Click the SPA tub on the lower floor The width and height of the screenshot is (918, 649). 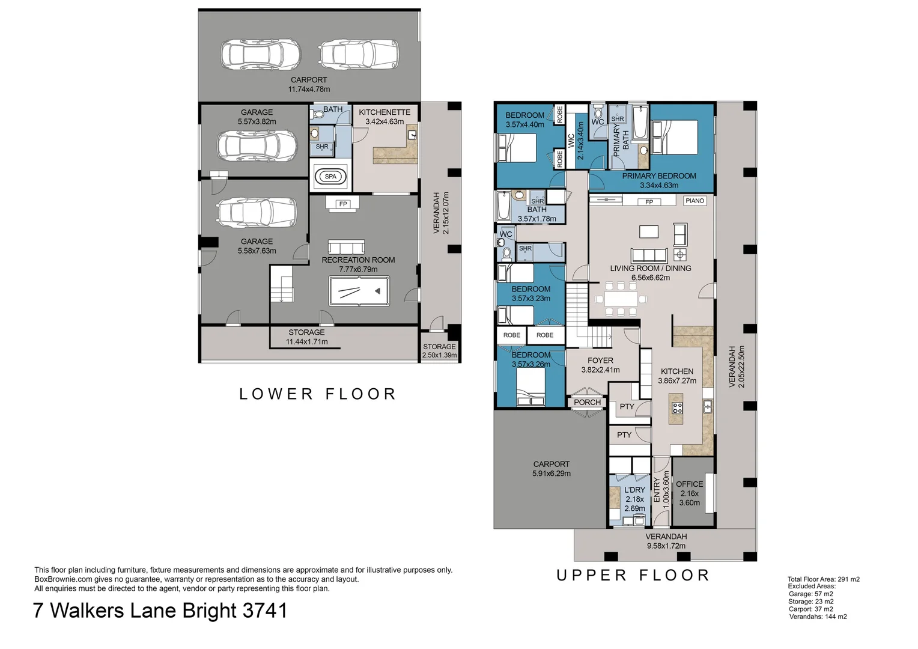click(330, 177)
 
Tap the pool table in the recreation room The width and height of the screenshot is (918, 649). click(359, 291)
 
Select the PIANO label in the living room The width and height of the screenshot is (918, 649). click(695, 201)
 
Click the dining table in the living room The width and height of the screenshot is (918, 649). click(621, 299)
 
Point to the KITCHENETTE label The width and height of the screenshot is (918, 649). click(385, 112)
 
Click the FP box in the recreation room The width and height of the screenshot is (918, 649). click(343, 204)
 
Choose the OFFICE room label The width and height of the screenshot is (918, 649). click(689, 484)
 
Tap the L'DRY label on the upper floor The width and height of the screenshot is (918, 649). click(634, 490)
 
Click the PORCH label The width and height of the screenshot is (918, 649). click(587, 402)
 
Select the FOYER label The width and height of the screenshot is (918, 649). click(600, 361)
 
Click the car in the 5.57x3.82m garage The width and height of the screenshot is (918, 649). click(257, 145)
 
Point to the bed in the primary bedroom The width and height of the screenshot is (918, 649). click(675, 138)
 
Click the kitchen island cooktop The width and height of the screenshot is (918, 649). click(677, 407)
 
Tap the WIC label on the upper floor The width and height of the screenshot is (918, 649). click(571, 141)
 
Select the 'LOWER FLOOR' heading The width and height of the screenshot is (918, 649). click(318, 394)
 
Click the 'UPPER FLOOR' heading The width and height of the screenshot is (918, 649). click(633, 575)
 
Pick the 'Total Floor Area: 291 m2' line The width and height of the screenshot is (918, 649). click(823, 579)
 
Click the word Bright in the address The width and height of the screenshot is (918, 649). click(210, 611)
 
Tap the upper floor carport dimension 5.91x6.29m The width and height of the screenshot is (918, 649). click(551, 474)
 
